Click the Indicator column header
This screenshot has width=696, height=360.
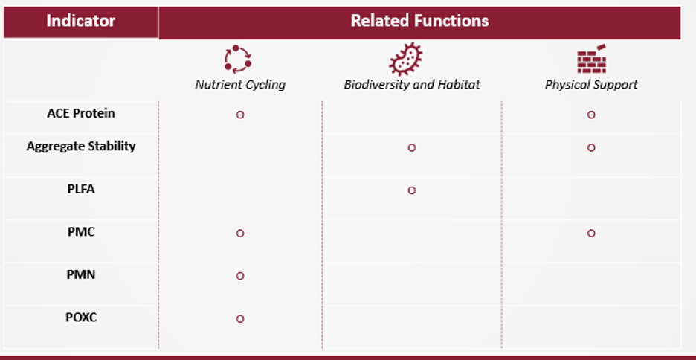[x=80, y=21]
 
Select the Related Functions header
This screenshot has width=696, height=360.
[x=419, y=21]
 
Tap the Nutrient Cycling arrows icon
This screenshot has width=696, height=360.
[x=239, y=60]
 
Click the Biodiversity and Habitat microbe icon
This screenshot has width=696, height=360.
[x=406, y=60]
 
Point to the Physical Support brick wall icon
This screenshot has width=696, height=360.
[x=592, y=60]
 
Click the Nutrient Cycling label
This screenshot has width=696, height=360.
[x=240, y=85]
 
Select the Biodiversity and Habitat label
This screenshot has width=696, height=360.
[x=412, y=85]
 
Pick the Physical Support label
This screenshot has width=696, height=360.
[x=591, y=85]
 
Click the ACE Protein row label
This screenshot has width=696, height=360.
[x=81, y=114]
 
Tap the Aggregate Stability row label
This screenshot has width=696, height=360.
[x=81, y=147]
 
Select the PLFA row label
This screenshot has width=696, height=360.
[x=81, y=189]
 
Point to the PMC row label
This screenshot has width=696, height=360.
[x=81, y=232]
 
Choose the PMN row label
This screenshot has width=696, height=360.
[x=81, y=274]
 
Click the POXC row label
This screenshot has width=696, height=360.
[x=81, y=318]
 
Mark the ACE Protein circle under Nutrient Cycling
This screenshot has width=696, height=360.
[x=240, y=115]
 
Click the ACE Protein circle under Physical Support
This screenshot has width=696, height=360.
[x=591, y=115]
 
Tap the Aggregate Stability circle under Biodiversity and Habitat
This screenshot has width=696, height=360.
[x=412, y=147]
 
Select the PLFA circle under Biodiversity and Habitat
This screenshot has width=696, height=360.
[x=412, y=190]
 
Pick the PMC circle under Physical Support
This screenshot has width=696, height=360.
[x=591, y=233]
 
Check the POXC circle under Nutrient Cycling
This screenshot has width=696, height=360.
[x=240, y=318]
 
